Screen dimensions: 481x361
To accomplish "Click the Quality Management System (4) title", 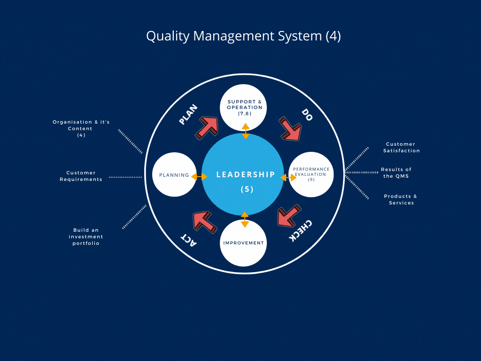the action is pyautogui.click(x=243, y=36).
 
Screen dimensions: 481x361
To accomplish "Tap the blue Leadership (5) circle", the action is pyautogui.click(x=243, y=174).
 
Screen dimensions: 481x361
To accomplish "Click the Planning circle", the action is pyautogui.click(x=174, y=174).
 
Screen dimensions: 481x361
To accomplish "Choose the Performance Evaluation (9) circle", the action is pyautogui.click(x=311, y=174).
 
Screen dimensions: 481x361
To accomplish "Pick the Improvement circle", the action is pyautogui.click(x=243, y=243).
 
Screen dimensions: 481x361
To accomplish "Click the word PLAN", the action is pyautogui.click(x=188, y=115).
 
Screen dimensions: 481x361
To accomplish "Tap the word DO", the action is pyautogui.click(x=307, y=115).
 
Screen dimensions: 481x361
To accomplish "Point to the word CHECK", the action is pyautogui.click(x=301, y=231).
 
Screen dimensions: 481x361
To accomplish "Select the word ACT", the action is pyautogui.click(x=188, y=240).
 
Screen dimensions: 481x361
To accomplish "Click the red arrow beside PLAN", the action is pyautogui.click(x=207, y=128).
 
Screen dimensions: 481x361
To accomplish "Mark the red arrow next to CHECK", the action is pyautogui.click(x=288, y=216).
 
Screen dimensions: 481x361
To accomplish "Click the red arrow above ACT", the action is pyautogui.click(x=205, y=222).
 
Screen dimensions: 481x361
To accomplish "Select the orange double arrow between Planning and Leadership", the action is pyautogui.click(x=199, y=177).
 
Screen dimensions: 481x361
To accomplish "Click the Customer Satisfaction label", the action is pyautogui.click(x=401, y=147).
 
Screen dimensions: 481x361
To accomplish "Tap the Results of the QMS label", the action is pyautogui.click(x=396, y=173).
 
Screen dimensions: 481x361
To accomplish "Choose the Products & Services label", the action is pyautogui.click(x=401, y=199).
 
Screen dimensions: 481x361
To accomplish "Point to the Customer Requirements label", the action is pyautogui.click(x=81, y=176).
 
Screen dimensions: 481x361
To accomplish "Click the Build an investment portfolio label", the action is pyautogui.click(x=86, y=237).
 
